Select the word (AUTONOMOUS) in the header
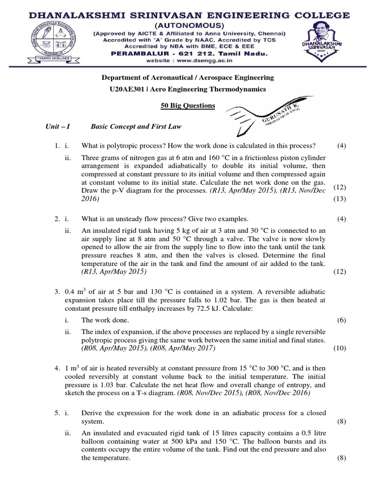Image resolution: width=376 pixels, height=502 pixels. pyautogui.click(x=188, y=25)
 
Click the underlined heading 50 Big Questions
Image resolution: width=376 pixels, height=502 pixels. pyautogui.click(x=188, y=105)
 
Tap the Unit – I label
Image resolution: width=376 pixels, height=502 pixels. pyautogui.click(x=58, y=126)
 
